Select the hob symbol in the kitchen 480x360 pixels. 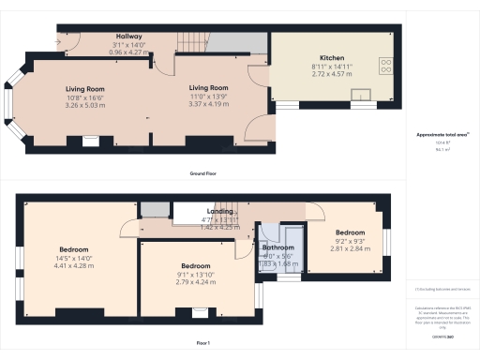click(x=385, y=65)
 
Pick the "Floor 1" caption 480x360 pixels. click(x=202, y=344)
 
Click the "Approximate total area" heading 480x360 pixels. click(x=441, y=135)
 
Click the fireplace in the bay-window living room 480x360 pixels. click(x=91, y=142)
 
